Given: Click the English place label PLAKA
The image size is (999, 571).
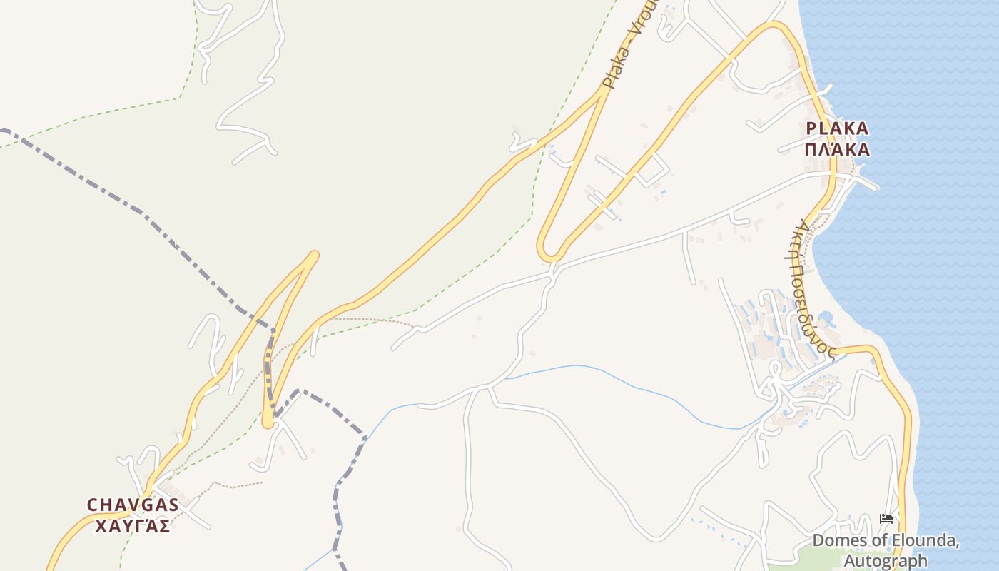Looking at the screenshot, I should pyautogui.click(x=837, y=128).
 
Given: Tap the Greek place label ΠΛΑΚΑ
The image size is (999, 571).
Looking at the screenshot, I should pyautogui.click(x=837, y=149).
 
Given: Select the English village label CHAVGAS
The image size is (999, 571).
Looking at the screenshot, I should pyautogui.click(x=132, y=505).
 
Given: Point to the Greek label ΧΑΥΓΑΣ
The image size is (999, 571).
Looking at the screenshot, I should pyautogui.click(x=132, y=526).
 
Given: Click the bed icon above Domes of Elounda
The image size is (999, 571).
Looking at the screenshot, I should pyautogui.click(x=886, y=519).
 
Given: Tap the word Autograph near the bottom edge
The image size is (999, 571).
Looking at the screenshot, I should pyautogui.click(x=883, y=561).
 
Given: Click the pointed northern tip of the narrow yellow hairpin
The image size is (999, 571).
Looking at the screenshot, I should pyautogui.click(x=313, y=255).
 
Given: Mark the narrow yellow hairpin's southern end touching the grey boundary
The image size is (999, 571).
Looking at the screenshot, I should pyautogui.click(x=268, y=423).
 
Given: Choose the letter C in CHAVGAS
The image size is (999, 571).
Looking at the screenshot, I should pyautogui.click(x=92, y=505).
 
